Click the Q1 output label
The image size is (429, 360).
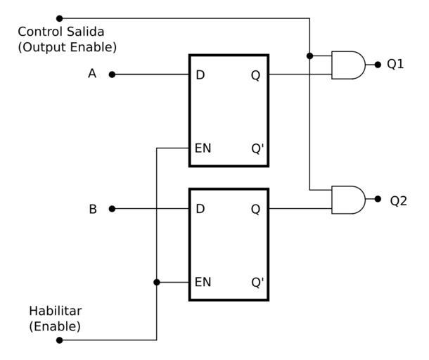point(396,64)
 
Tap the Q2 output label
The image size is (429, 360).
point(399,200)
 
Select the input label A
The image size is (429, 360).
point(92,73)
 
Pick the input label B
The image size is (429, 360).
point(93,209)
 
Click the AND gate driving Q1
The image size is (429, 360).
point(348,65)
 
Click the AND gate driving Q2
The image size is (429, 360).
point(348,200)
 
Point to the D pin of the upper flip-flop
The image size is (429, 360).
point(200,75)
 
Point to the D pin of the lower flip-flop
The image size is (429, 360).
point(200,210)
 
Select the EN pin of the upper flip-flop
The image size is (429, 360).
point(203,148)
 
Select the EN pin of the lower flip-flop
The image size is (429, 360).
point(203,283)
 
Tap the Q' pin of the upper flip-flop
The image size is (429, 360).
point(257,148)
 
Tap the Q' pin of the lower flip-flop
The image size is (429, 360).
point(257,283)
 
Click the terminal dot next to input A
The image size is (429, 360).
point(112,74)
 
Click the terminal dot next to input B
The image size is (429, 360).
point(112,209)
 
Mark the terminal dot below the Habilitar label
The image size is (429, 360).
point(59,340)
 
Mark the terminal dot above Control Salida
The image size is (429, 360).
point(59,18)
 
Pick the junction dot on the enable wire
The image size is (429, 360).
point(157,282)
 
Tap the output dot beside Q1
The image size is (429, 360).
point(378,64)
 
